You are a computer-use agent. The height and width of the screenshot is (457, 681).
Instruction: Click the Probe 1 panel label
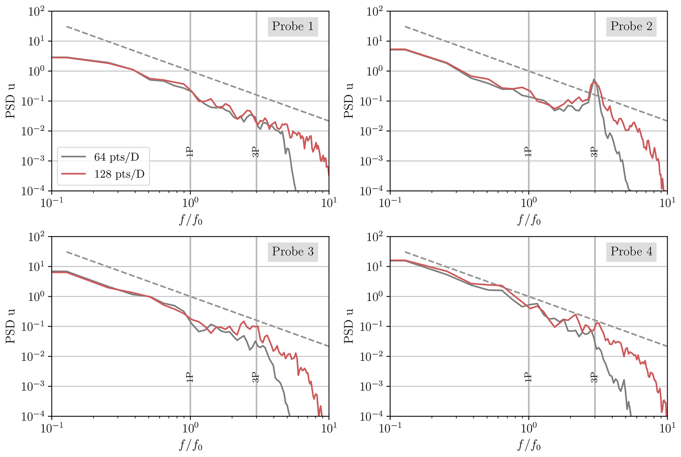(293, 26)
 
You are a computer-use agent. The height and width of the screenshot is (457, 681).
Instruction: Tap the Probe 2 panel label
(631, 26)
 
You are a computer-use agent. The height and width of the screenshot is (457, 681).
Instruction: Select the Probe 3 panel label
(293, 252)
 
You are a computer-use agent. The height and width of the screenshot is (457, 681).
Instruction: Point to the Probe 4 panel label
(631, 252)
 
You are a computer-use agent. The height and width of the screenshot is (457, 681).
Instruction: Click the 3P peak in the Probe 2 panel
(594, 80)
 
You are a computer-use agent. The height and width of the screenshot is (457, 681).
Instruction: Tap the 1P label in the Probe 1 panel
(190, 152)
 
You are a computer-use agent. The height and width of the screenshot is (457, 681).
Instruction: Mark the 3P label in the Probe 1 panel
(256, 152)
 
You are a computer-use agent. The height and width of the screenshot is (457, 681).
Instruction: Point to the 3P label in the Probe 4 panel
(594, 377)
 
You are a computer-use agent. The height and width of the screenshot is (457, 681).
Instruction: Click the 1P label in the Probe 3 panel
(190, 377)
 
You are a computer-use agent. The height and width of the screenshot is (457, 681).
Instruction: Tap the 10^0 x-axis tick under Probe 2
(528, 202)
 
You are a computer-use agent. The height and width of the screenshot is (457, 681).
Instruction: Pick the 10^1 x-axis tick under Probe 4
(667, 428)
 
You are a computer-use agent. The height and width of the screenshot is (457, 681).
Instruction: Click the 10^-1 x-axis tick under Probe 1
(51, 202)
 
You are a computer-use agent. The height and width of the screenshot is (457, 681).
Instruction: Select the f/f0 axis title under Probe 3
(190, 445)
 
